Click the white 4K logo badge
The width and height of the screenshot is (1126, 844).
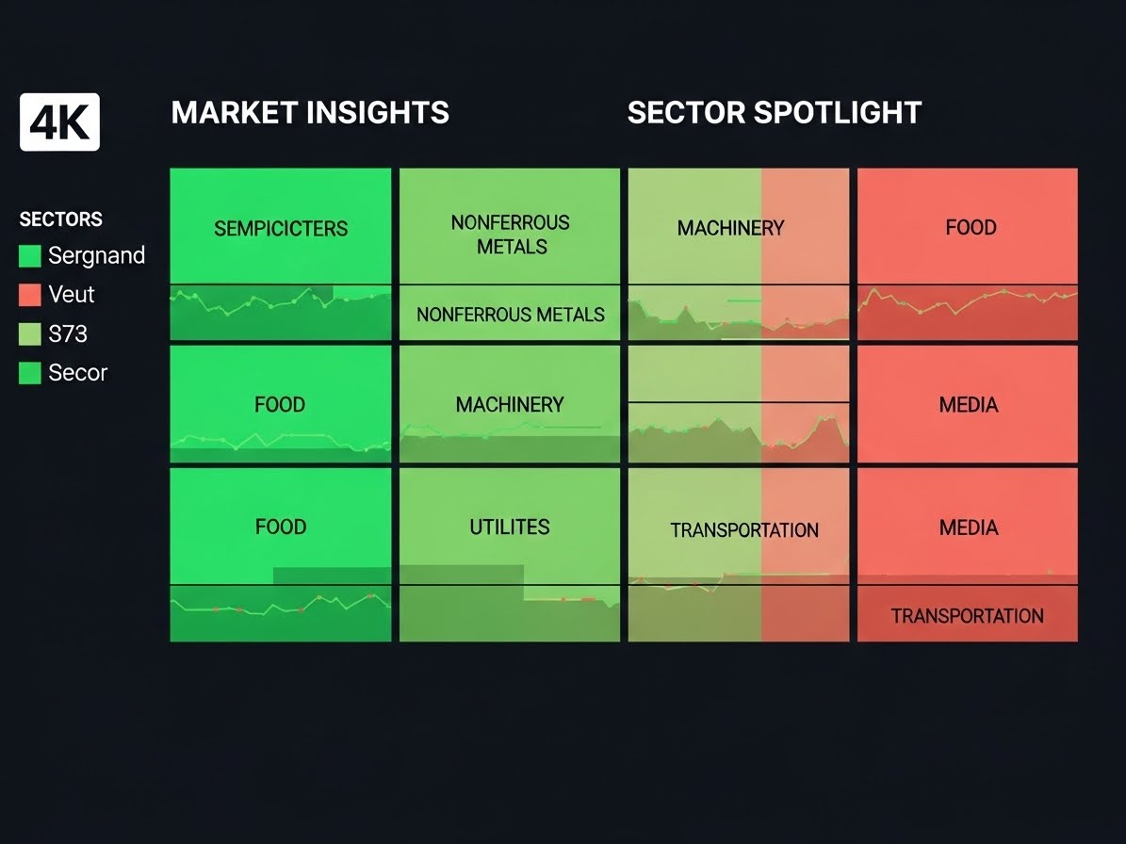click(x=59, y=122)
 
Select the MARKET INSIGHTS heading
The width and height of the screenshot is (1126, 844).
click(x=310, y=113)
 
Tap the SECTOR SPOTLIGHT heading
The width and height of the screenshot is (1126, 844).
click(x=775, y=113)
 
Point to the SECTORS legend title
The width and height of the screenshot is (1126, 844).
click(x=61, y=219)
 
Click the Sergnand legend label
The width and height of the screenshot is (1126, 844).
click(x=97, y=255)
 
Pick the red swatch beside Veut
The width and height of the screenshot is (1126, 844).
click(x=29, y=294)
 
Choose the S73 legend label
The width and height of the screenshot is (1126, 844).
click(x=68, y=333)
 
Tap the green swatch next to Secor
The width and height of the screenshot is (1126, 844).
click(x=29, y=373)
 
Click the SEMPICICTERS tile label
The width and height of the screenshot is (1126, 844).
click(x=281, y=228)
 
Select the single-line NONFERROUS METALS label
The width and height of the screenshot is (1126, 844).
click(x=511, y=315)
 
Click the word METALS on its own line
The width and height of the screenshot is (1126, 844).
click(x=512, y=247)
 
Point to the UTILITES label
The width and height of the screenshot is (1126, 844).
click(x=510, y=527)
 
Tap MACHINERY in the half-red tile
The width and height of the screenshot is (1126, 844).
click(x=730, y=228)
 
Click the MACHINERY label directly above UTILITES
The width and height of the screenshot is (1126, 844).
click(x=510, y=405)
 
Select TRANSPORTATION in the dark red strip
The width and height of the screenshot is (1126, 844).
click(x=968, y=616)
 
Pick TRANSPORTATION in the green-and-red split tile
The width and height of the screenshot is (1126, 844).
click(x=744, y=530)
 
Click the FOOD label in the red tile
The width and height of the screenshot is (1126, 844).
click(x=971, y=228)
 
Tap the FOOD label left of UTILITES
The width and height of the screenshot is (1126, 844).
click(x=281, y=527)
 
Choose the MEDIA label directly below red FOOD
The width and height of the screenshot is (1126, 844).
click(x=969, y=405)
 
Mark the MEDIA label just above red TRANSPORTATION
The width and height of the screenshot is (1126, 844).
click(x=969, y=527)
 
